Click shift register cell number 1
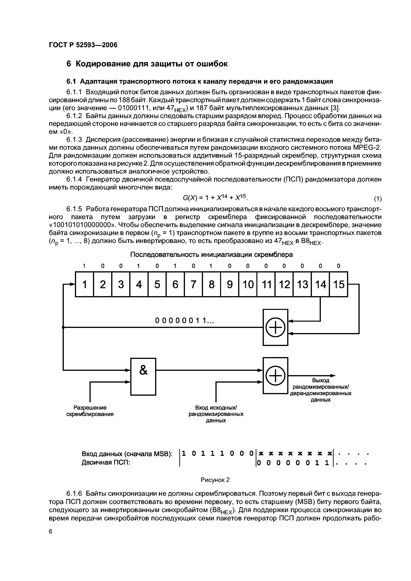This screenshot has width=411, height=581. click(x=85, y=284)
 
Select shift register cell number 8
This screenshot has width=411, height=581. click(x=211, y=284)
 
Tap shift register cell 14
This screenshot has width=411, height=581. click(x=320, y=284)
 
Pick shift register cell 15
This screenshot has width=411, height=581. click(x=339, y=284)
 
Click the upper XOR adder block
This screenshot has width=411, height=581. click(x=275, y=327)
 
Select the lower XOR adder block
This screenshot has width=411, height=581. click(x=275, y=375)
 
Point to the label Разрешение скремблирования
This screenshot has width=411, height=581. click(x=90, y=411)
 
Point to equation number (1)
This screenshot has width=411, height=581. click(x=378, y=199)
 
